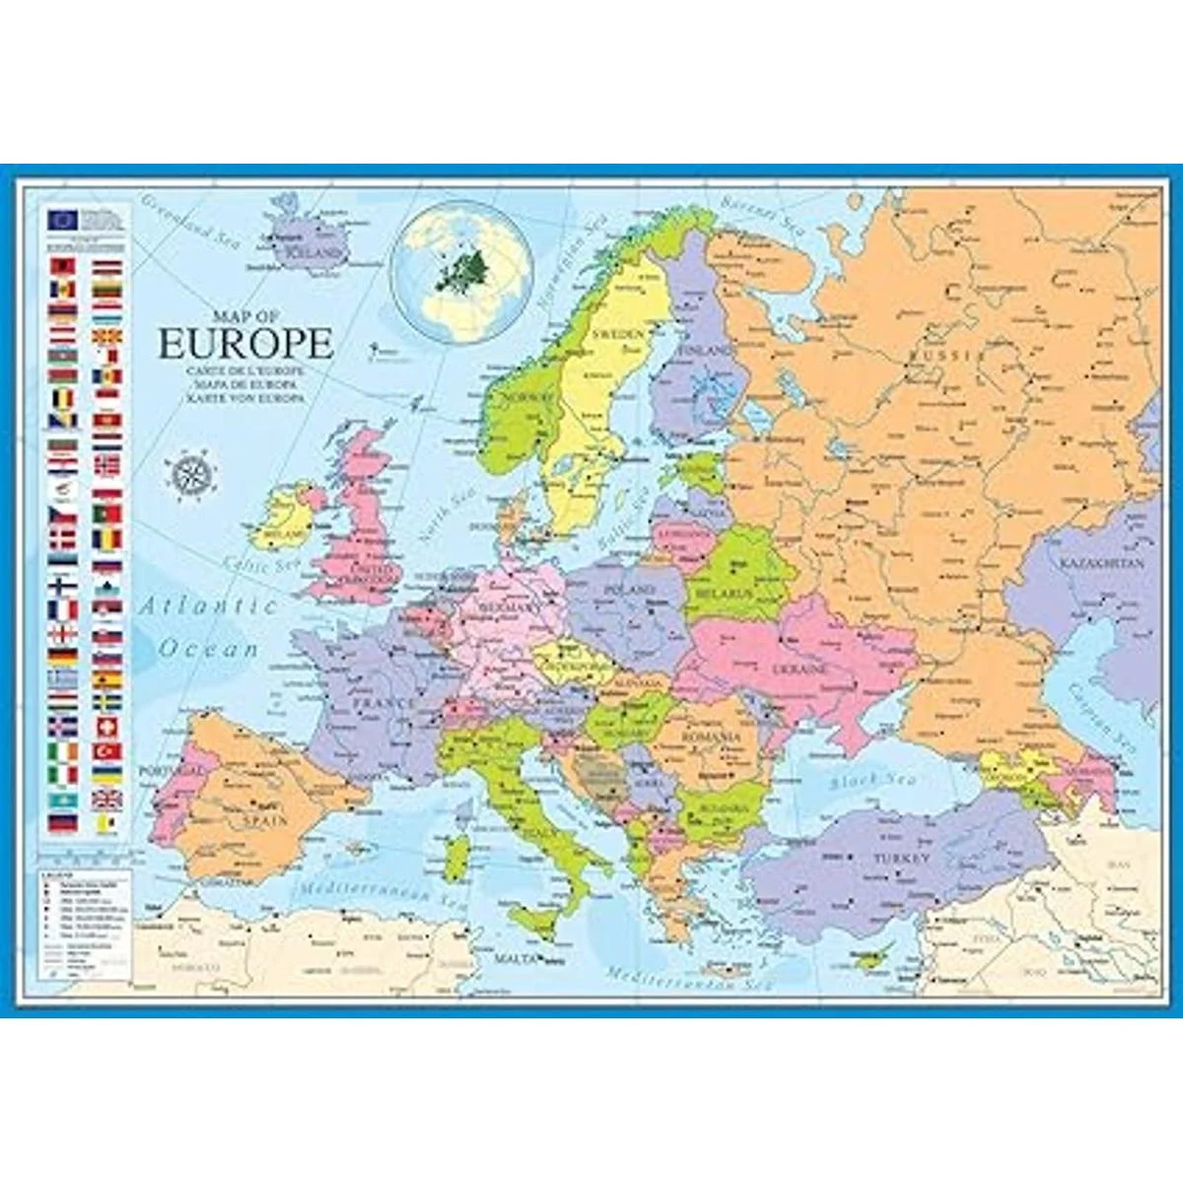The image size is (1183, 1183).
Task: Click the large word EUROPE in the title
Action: tap(245, 344)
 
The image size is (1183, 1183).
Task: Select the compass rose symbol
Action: tap(193, 471)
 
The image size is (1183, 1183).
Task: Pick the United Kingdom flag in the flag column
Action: tap(107, 799)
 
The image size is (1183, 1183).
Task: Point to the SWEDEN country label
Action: tap(617, 334)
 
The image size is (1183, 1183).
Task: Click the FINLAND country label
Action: tap(704, 350)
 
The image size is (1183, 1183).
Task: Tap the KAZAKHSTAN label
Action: tap(1102, 564)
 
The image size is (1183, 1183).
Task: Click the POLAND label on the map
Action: tap(630, 589)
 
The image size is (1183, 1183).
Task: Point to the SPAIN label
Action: tap(266, 820)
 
